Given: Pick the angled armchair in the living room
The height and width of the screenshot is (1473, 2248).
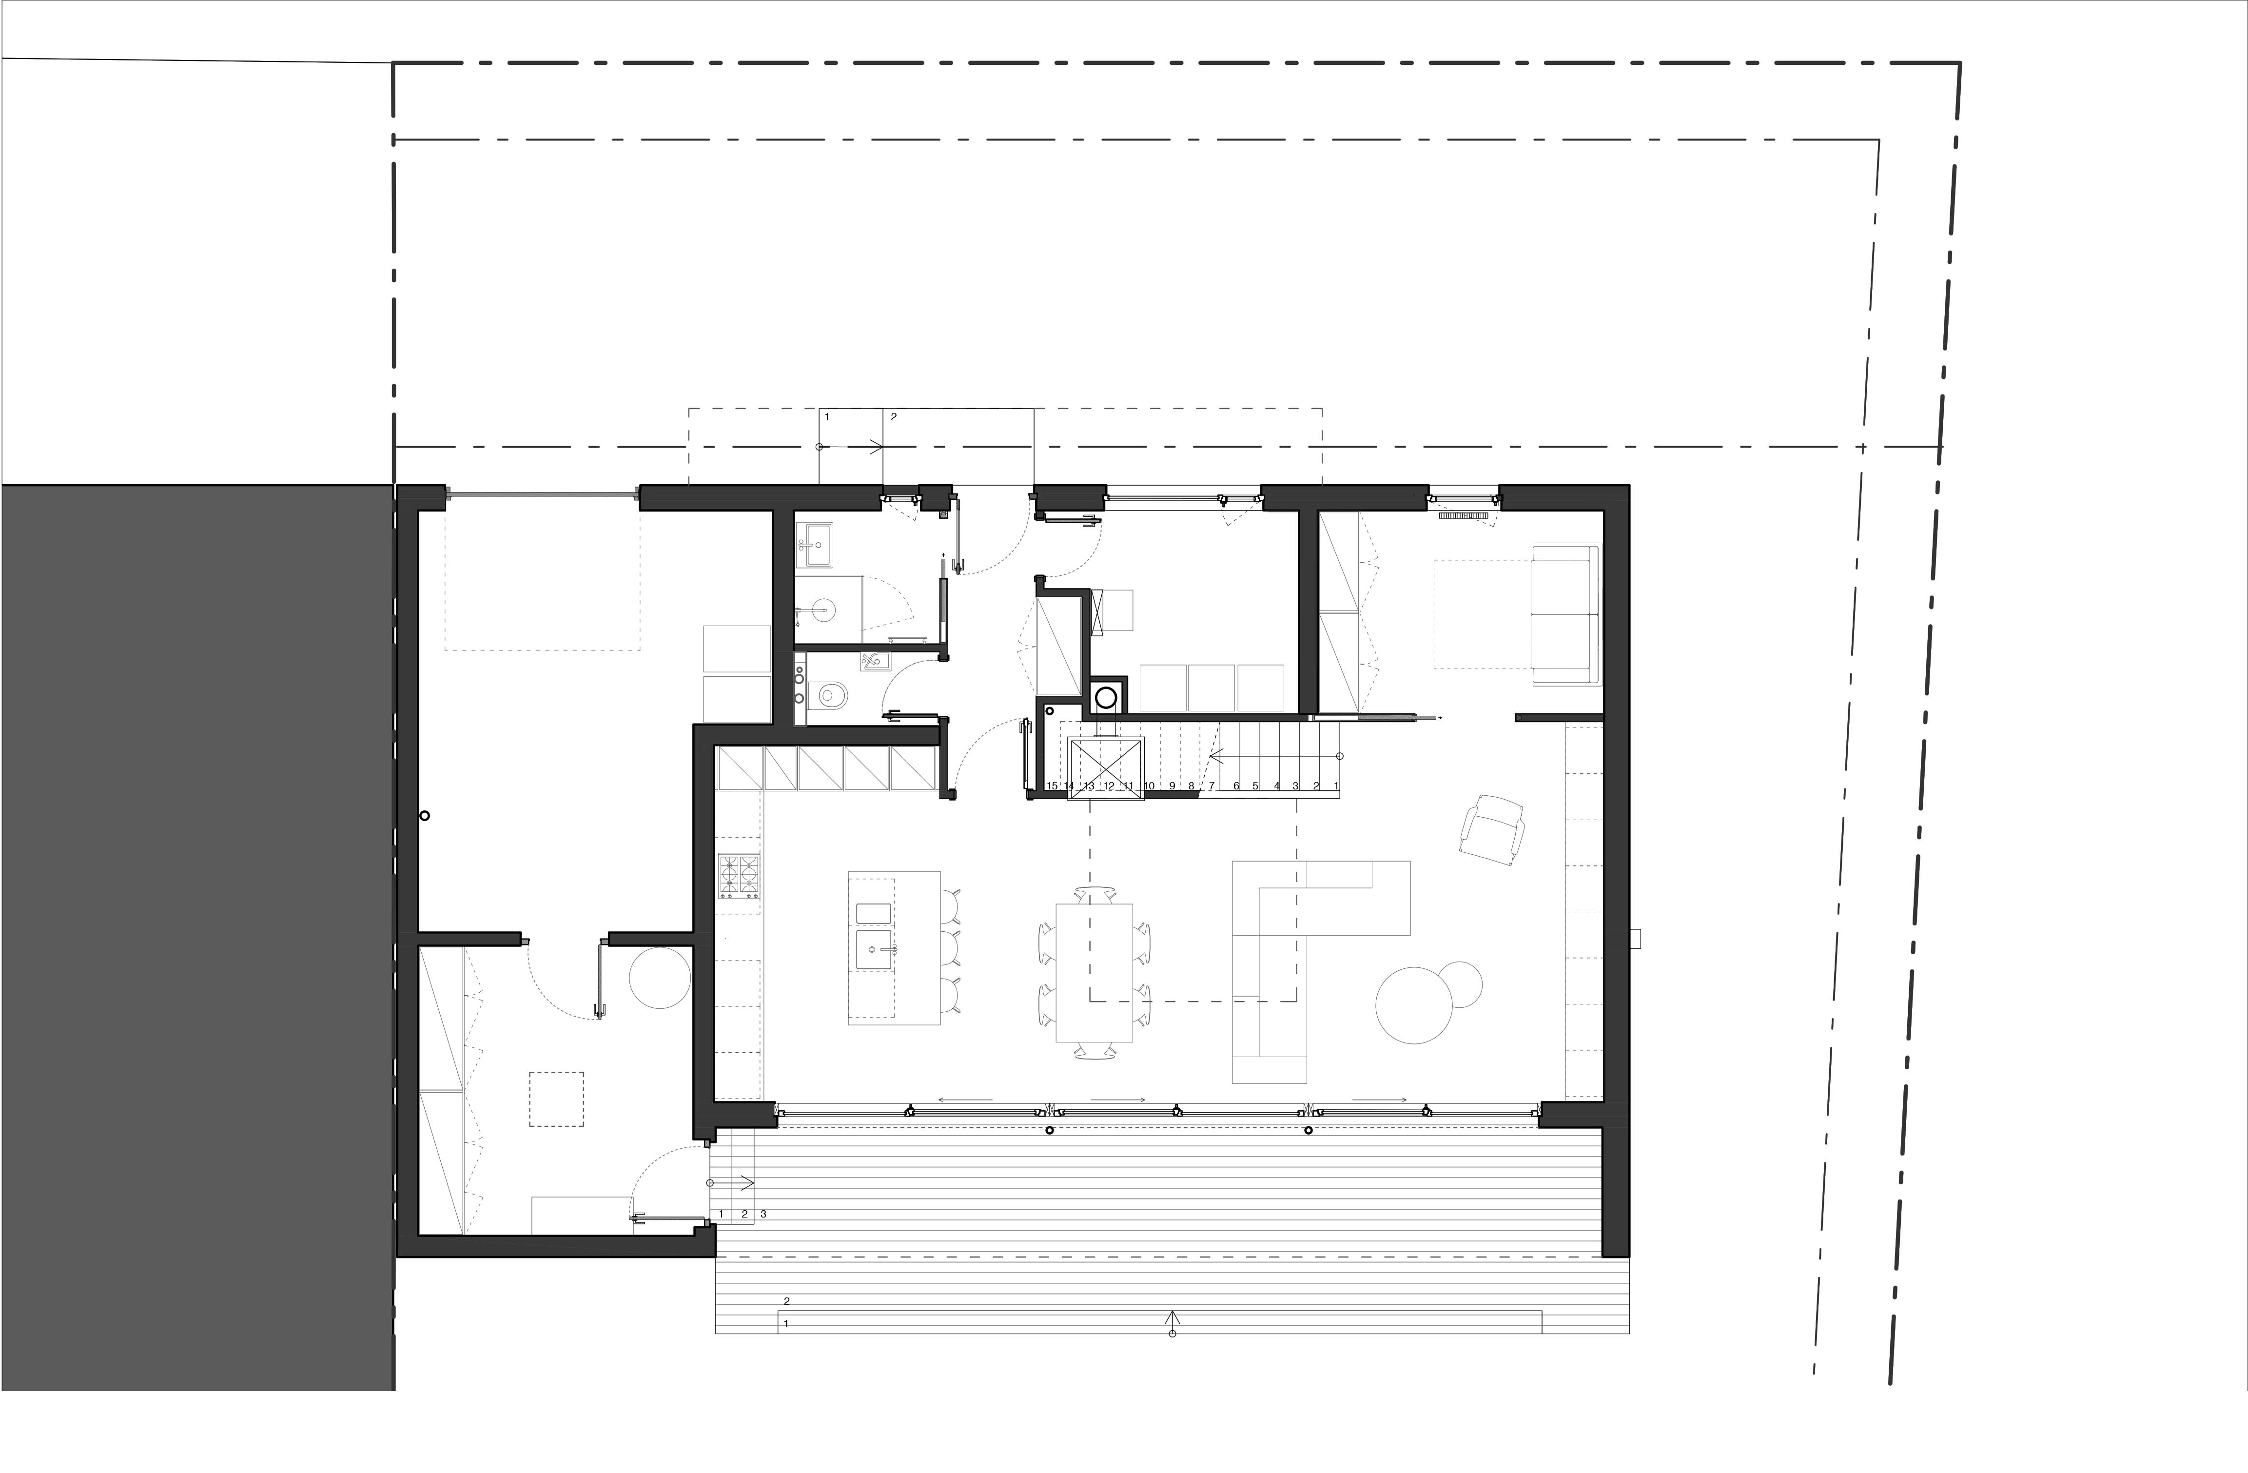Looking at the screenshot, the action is pos(1492,827).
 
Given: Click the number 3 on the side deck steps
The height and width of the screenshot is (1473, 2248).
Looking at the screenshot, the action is pos(763,1213).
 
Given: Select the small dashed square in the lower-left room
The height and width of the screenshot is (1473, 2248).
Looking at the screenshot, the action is pos(556,1099).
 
